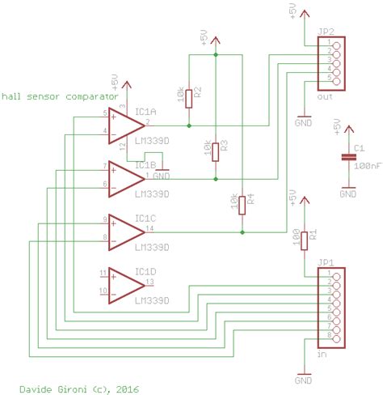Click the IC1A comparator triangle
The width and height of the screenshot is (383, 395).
tap(126, 125)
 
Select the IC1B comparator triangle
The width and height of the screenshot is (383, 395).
tap(126, 178)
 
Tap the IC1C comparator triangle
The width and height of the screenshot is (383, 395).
tap(126, 231)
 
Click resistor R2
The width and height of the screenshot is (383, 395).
tap(188, 98)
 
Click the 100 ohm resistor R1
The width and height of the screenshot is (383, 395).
tap(304, 239)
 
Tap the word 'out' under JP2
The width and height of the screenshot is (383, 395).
tap(325, 96)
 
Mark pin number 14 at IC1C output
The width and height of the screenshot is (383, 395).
tap(150, 227)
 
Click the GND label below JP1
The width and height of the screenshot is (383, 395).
tap(304, 379)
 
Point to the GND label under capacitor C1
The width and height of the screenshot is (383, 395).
tap(347, 193)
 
